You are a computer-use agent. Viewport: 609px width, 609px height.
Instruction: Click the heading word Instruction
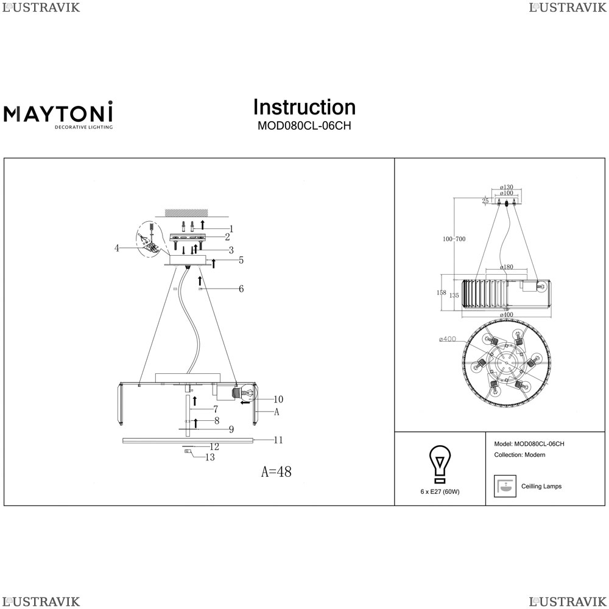[x=304, y=107]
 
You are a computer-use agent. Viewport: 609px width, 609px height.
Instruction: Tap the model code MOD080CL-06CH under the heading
[x=304, y=126]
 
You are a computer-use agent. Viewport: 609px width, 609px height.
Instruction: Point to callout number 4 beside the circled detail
[x=116, y=248]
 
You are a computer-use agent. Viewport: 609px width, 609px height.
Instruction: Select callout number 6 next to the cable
[x=241, y=289]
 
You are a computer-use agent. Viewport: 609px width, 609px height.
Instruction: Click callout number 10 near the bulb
[x=278, y=400]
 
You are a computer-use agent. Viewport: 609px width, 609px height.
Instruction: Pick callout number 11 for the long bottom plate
[x=278, y=439]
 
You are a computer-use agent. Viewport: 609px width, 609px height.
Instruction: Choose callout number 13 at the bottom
[x=210, y=457]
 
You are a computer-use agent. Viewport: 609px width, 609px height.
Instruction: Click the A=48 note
[x=276, y=472]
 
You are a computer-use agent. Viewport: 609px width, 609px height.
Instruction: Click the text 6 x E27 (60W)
[x=440, y=491]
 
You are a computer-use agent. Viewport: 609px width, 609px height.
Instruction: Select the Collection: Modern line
[x=519, y=455]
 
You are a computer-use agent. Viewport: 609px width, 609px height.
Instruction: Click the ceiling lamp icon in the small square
[x=505, y=486]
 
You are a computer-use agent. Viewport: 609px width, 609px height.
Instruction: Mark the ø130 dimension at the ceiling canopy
[x=506, y=188]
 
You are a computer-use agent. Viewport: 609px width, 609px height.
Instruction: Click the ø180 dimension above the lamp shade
[x=506, y=267]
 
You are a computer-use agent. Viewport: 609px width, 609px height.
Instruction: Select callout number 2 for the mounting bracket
[x=227, y=237]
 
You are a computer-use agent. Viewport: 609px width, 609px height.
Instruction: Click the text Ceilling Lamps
[x=541, y=487]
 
